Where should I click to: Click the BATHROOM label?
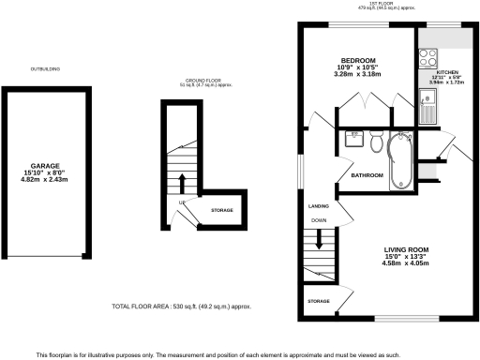(x=367, y=175)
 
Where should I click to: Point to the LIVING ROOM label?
(x=406, y=248)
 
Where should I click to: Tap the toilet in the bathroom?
(x=376, y=143)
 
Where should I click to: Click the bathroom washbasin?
(x=354, y=142)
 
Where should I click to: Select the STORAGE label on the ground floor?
(x=222, y=210)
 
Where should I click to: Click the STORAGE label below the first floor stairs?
(x=320, y=301)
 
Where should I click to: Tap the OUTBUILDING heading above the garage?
(x=45, y=68)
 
